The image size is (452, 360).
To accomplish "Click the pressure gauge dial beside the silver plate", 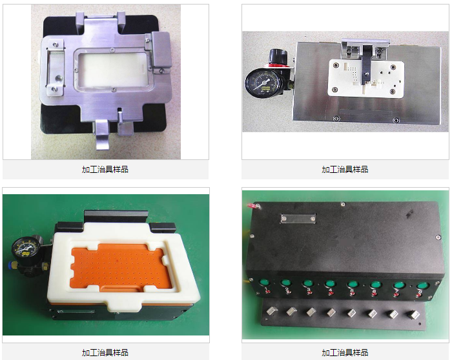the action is point(262,83).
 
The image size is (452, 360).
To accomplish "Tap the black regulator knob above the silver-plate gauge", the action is point(278,55).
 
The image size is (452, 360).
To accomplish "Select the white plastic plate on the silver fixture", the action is point(365,78).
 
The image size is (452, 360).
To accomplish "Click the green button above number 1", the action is point(265,283).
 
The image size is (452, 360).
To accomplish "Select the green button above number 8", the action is point(422,286).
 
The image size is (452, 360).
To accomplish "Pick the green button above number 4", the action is point(330,284).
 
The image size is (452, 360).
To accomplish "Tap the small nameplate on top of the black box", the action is point(298,218).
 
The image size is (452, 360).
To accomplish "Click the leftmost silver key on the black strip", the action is point(272,312).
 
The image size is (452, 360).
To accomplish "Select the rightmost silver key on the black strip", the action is point(414,314).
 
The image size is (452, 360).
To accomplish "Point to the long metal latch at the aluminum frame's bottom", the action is point(102,135).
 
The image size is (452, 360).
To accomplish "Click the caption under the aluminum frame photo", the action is point(105,169).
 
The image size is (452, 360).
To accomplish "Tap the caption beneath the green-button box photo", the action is point(345,352).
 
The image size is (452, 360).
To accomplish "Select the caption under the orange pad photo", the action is point(105,352).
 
